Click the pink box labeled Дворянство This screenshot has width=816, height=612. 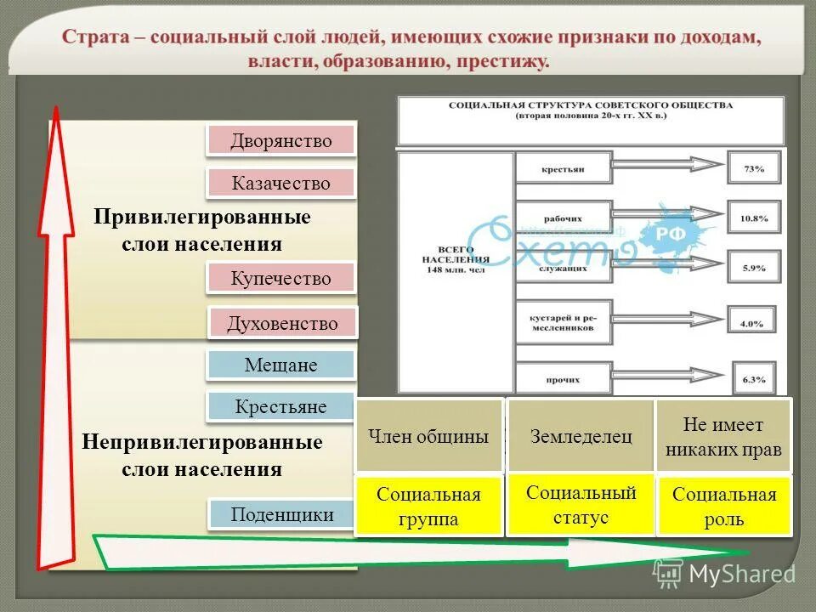[280, 140]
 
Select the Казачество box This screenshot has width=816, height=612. [280, 182]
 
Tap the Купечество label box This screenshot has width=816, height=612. [280, 278]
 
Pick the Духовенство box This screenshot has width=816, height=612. [282, 323]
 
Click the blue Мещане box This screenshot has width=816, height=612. [280, 365]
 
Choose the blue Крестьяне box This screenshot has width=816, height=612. [280, 406]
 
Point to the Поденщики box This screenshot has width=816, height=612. [280, 514]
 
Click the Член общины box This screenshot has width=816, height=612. [428, 436]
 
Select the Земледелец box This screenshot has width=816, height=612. [581, 436]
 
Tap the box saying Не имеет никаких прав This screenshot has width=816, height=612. [723, 437]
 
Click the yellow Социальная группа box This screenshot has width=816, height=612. [428, 507]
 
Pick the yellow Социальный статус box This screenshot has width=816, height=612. [581, 505]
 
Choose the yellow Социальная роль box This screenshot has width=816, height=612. [724, 507]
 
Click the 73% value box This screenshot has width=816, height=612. [753, 169]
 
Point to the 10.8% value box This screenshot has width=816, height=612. [753, 218]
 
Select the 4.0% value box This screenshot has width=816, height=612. [753, 323]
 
